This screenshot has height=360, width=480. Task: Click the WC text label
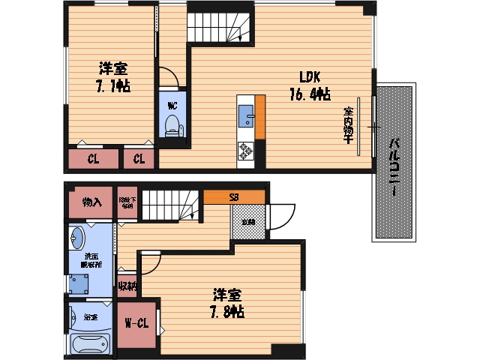point(172,105)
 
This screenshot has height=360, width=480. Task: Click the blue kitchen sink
point(246,116)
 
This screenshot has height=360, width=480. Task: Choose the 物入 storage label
point(91,202)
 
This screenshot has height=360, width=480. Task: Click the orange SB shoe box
point(234,197)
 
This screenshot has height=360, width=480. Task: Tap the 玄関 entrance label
point(247,222)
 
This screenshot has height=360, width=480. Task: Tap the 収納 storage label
point(127,286)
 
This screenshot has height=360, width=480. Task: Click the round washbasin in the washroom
point(79,238)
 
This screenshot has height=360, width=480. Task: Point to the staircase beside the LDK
point(220,28)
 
